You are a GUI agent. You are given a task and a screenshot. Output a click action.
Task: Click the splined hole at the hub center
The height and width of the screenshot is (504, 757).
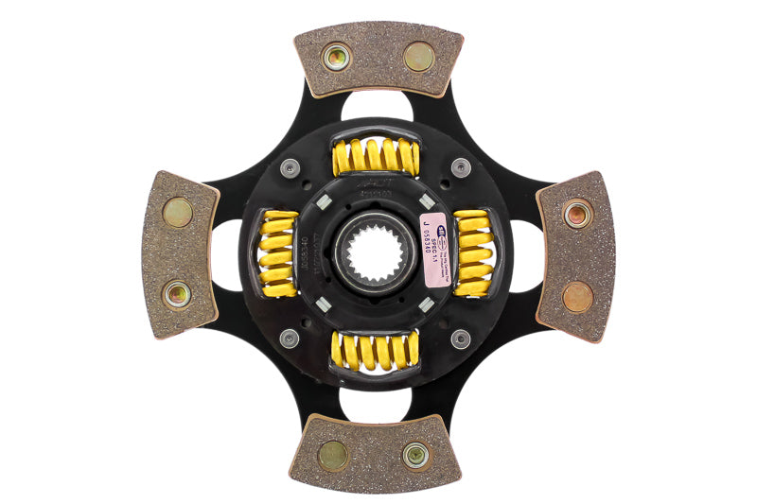(377, 253)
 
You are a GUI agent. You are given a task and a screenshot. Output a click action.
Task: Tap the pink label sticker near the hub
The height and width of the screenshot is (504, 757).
(435, 250)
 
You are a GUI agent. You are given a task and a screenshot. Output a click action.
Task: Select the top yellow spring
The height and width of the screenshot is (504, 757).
(376, 156)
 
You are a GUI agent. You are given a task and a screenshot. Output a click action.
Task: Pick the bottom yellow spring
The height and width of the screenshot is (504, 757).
(376, 351)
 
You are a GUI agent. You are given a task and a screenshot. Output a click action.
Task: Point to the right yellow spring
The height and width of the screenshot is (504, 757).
(472, 253)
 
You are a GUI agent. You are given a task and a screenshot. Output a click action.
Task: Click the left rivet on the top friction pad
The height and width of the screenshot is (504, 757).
(336, 57)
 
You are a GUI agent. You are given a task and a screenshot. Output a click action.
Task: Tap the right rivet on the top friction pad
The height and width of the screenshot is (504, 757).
(418, 57)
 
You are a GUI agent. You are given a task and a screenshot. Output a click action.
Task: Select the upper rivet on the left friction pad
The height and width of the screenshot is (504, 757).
(177, 212)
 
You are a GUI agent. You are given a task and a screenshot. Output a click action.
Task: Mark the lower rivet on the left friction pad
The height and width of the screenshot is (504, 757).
(177, 294)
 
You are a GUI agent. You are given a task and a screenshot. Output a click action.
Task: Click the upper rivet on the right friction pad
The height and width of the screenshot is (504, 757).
(577, 214)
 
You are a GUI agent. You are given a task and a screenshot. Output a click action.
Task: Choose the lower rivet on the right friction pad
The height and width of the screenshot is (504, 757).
(577, 296)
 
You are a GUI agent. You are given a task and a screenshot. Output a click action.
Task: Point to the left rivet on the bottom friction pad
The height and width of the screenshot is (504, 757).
(333, 455)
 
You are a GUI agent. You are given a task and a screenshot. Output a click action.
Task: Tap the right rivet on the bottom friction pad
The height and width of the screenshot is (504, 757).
(415, 455)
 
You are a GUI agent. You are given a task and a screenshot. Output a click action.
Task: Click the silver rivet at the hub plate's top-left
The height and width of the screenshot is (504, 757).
(290, 168)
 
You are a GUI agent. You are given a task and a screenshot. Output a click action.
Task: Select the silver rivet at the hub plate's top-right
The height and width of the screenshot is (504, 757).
(461, 168)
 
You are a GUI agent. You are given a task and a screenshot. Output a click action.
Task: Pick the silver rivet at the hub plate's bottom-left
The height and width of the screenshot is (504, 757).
(290, 338)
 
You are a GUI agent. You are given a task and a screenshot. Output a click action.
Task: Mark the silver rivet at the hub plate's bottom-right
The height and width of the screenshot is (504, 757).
(461, 339)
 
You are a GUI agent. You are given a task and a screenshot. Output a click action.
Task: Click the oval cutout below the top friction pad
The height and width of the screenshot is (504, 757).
(377, 106)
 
